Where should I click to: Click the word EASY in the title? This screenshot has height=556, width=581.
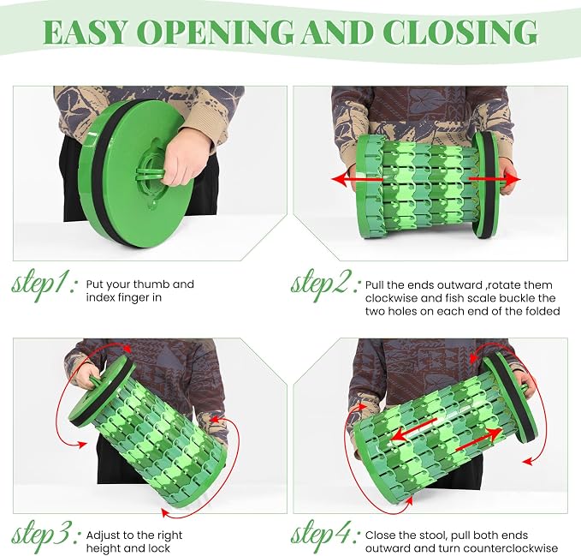tap(86, 32)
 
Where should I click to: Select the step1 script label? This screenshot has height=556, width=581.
tap(44, 285)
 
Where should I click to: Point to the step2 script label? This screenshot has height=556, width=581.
tap(324, 285)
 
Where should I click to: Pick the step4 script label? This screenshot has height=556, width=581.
tap(325, 536)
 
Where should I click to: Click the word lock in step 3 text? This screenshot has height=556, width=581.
tap(157, 548)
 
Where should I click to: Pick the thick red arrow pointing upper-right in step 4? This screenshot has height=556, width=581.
tap(479, 440)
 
